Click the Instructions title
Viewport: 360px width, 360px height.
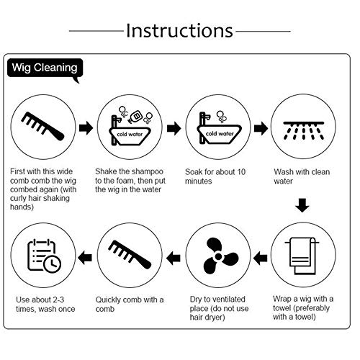179,31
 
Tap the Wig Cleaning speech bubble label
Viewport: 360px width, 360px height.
45,68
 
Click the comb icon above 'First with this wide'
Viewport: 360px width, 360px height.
43,126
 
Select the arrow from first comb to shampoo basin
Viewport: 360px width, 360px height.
86,127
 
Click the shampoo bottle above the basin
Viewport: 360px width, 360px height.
135,116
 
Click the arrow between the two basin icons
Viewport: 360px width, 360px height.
174,128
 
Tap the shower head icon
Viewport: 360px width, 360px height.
304,130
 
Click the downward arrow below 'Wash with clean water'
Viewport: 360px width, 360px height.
302,205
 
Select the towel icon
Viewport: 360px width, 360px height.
302,256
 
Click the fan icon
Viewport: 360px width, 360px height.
219,256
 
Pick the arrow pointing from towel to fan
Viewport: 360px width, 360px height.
260,258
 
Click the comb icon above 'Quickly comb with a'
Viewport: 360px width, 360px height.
130,255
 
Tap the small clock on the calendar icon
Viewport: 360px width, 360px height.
53,264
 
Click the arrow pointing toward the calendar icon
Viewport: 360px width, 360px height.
85,258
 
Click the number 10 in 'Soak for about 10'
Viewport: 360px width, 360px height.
241,172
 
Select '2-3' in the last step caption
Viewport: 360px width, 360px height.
58,300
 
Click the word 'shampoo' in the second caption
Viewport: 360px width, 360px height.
147,171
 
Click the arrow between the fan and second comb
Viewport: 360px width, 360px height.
174,258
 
